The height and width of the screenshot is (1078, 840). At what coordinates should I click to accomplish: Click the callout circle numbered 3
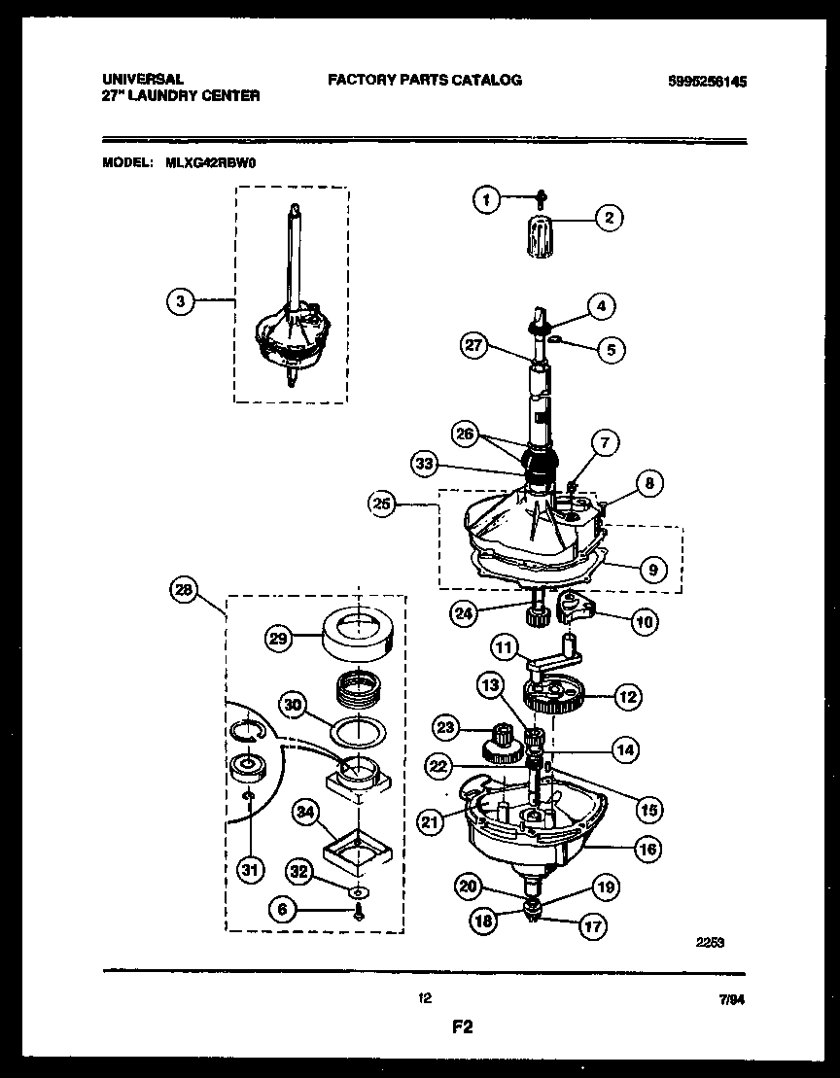tap(180, 301)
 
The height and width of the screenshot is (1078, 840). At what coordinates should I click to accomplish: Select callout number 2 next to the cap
tap(609, 218)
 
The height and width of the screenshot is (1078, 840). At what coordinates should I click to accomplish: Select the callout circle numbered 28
tap(183, 589)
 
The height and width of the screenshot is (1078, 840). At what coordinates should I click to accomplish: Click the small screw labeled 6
tap(359, 911)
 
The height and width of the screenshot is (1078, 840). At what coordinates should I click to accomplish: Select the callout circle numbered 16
tap(646, 849)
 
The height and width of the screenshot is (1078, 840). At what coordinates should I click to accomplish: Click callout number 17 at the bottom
tap(591, 927)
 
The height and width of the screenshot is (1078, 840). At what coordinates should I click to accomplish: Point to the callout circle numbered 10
tap(645, 619)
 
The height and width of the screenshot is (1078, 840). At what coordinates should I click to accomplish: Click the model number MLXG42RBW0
tap(213, 164)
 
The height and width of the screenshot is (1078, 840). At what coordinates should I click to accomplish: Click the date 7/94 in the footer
tap(745, 999)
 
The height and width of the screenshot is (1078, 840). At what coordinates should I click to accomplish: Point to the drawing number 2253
tap(712, 940)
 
